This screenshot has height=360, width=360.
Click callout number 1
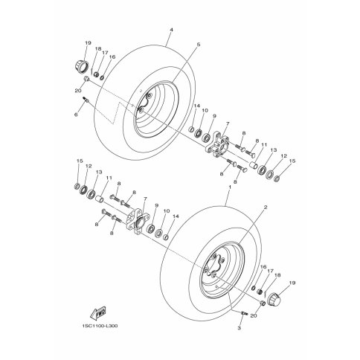230,187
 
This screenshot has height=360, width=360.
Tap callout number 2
266,207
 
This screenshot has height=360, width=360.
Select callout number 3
239,328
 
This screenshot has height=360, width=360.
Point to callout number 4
171,30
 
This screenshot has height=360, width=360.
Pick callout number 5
198,45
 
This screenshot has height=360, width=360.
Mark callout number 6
76,115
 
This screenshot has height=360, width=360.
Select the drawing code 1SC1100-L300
100,326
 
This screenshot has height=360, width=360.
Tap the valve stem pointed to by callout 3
244,313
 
